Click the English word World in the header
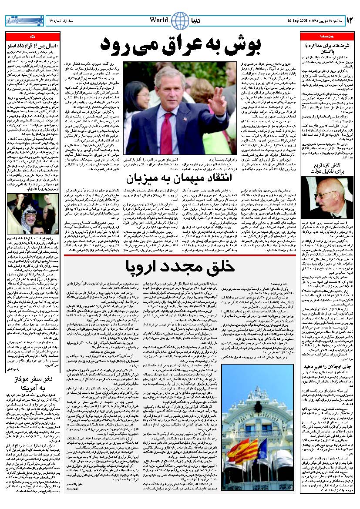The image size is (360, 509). pyautogui.click(x=159, y=20)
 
